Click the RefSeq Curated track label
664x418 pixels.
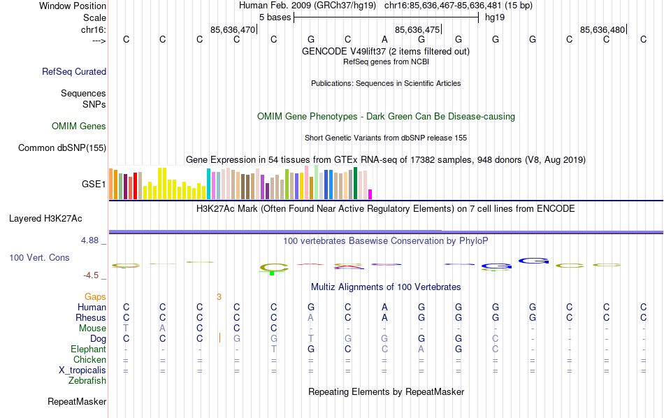click(74, 71)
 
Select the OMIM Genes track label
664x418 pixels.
click(79, 127)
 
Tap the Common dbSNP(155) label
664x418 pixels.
click(62, 147)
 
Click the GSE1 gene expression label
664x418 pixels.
click(94, 185)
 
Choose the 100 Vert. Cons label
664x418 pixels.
click(39, 258)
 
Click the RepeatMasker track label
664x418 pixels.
click(77, 402)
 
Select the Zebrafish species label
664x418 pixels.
click(87, 381)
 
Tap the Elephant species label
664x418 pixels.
click(88, 349)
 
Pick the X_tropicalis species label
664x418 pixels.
click(82, 370)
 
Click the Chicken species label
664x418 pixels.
click(89, 360)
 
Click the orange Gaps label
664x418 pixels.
click(95, 297)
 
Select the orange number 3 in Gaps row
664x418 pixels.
click(219, 297)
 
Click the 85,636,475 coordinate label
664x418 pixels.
click(417, 29)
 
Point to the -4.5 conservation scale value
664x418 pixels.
click(93, 275)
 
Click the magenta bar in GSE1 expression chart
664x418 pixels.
click(370, 194)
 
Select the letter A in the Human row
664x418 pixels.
click(384, 307)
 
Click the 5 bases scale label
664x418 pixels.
click(273, 17)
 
